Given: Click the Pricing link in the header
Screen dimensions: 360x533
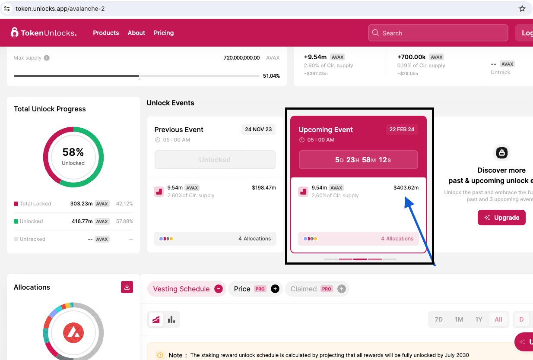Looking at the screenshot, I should tap(164, 33).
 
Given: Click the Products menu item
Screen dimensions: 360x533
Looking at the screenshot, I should tap(106, 33).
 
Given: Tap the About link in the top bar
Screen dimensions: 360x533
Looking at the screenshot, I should tap(136, 33).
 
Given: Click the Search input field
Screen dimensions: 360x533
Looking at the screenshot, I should tap(438, 33).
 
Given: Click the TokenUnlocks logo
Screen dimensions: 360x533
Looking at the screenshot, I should tap(44, 33).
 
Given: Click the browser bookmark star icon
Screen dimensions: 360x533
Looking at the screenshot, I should tap(522, 9).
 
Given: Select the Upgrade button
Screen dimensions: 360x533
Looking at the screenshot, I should tap(501, 218).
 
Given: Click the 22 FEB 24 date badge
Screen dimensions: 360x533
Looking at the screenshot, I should tap(402, 129).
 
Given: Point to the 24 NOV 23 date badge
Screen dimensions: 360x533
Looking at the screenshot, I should tap(258, 129).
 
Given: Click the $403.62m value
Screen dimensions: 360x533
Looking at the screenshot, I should tap(406, 188).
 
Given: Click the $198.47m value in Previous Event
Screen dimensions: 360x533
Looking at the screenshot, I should tap(263, 188).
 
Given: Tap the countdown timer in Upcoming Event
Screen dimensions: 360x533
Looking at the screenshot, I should tap(359, 160).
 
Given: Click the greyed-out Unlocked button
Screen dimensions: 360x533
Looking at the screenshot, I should tap(215, 160).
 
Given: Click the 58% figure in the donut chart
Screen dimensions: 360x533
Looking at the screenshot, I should tap(73, 152).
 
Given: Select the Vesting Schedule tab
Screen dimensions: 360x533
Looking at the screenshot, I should tap(181, 289).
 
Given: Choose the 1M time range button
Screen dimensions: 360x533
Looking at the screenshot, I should tap(459, 319).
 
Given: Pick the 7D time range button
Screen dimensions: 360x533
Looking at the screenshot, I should tap(438, 319).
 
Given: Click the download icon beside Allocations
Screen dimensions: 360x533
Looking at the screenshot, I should tap(127, 287).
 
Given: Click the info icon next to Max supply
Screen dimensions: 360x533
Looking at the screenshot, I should tap(47, 58).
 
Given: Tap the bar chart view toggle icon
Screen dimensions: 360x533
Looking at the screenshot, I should tap(171, 319).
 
